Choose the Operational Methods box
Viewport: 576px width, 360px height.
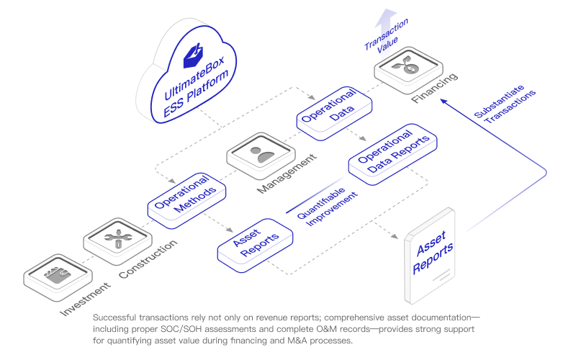(186, 194)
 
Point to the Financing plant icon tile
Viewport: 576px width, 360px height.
(407, 68)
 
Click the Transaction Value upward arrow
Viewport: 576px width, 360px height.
(388, 21)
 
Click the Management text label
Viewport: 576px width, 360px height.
(287, 174)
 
